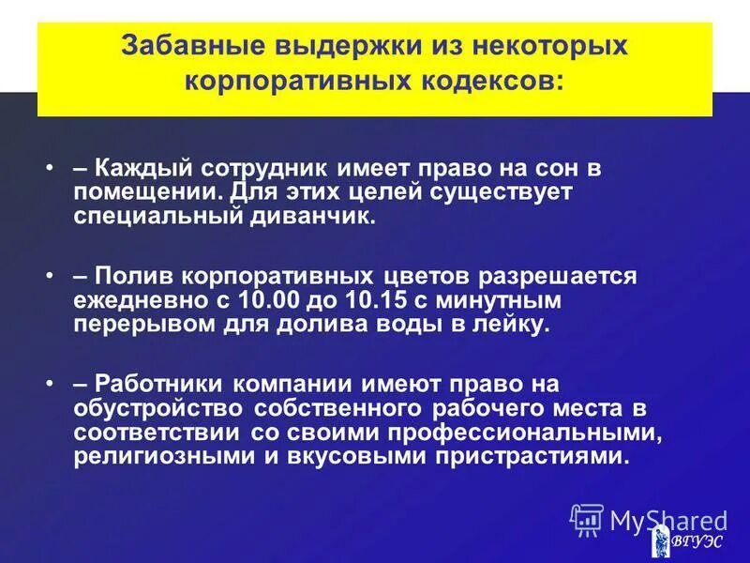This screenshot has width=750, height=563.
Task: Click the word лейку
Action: (515, 325)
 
